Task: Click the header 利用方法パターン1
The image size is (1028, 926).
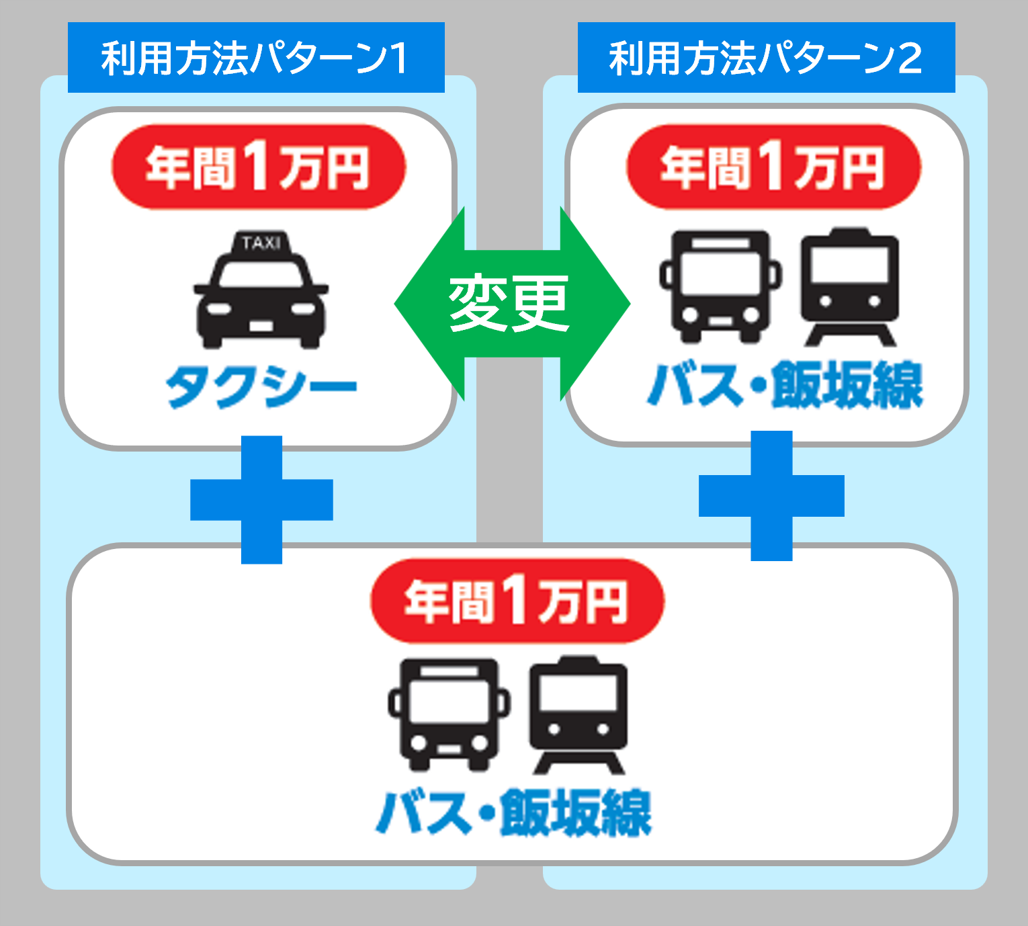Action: (x=256, y=58)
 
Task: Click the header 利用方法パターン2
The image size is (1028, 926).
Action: (x=766, y=58)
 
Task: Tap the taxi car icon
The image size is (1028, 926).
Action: (x=261, y=296)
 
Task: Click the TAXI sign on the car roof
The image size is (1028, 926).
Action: (x=261, y=243)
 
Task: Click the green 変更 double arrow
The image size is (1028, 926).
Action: (x=511, y=304)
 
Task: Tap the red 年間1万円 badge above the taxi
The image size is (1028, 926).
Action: (x=259, y=167)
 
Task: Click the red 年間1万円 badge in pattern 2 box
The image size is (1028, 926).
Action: (x=773, y=167)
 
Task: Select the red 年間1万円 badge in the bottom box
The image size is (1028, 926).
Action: (x=517, y=600)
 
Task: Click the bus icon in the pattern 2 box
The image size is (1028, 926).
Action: (x=721, y=286)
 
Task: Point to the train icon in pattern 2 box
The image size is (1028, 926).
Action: (x=850, y=286)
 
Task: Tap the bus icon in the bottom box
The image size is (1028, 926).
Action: (x=449, y=714)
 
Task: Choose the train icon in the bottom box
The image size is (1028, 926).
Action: (x=579, y=714)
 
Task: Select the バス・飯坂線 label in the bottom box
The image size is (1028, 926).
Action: (x=514, y=813)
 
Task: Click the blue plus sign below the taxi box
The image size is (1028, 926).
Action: (x=261, y=499)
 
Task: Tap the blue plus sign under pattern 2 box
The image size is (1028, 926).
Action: (x=771, y=496)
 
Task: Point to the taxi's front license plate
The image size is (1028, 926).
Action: (x=261, y=327)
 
